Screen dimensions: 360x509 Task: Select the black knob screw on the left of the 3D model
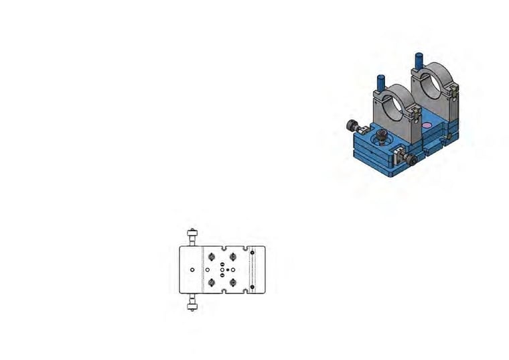(x=350, y=125)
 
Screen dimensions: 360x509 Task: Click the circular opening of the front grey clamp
(x=396, y=102)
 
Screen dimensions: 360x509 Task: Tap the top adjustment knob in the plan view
(x=193, y=235)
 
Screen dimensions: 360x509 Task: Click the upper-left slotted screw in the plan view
(x=212, y=256)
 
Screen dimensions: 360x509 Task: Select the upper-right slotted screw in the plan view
(x=233, y=256)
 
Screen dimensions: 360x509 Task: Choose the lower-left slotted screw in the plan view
(x=212, y=282)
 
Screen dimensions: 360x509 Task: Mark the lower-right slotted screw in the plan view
(x=233, y=282)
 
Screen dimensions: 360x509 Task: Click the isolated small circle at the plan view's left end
(x=192, y=269)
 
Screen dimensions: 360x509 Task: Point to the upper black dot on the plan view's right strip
(x=251, y=254)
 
